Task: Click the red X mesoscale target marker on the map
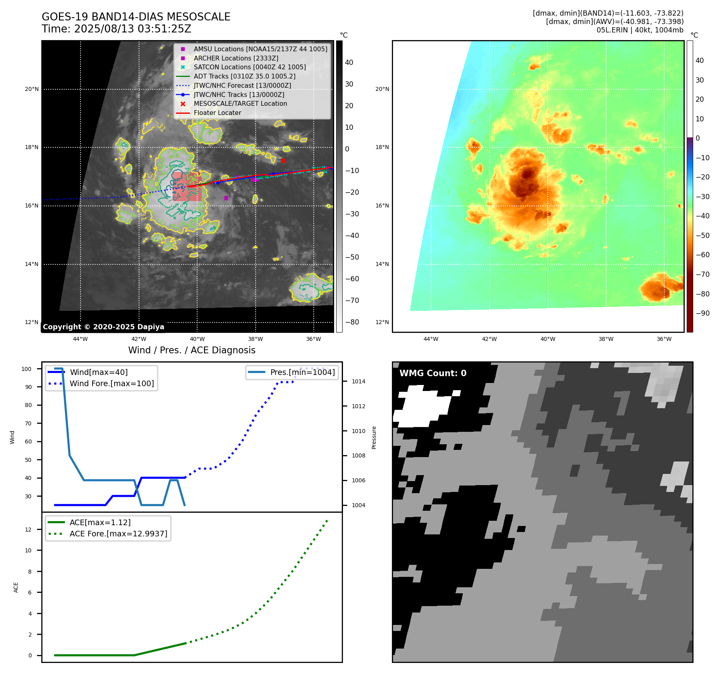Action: pos(283,161)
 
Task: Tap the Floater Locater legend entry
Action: pos(217,113)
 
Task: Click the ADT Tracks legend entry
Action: pos(244,76)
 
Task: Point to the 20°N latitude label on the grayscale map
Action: pos(32,89)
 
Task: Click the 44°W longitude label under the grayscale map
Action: pos(80,339)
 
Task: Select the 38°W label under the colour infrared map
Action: pos(606,339)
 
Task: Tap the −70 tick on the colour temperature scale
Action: pos(702,274)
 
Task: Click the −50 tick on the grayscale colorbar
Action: pos(352,257)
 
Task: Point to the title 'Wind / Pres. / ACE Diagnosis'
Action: pos(192,350)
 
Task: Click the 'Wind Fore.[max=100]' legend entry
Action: pos(111,383)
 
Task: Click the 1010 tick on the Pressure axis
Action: pos(358,431)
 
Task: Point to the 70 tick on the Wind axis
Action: pos(28,423)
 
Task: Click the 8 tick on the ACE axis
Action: pos(30,572)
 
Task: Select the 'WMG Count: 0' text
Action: pos(433,373)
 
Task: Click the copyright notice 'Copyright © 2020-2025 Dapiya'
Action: pos(103,327)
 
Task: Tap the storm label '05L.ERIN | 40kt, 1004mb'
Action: pos(639,30)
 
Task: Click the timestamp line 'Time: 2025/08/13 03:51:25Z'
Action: pos(116,29)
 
